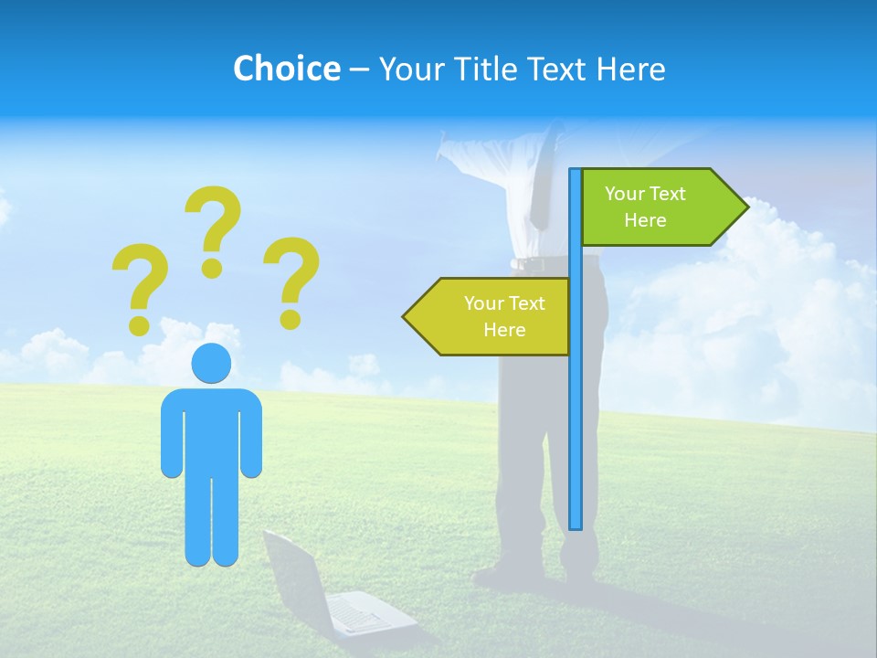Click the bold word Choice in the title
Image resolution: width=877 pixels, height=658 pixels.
click(286, 69)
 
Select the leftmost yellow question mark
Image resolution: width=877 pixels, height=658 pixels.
click(140, 283)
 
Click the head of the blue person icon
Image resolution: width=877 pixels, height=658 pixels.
click(211, 363)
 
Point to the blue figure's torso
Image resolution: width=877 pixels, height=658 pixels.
click(211, 430)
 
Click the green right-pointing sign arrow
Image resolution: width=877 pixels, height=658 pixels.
click(658, 207)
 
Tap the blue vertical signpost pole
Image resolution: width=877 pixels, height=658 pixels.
click(576, 411)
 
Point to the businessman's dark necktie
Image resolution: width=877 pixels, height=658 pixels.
click(541, 183)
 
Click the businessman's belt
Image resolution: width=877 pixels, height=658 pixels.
click(539, 263)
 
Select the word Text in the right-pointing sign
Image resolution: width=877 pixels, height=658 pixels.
click(668, 194)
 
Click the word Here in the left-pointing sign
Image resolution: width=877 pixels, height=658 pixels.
click(504, 330)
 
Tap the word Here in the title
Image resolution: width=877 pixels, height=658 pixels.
click(630, 69)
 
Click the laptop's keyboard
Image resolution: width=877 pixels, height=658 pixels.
click(361, 614)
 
